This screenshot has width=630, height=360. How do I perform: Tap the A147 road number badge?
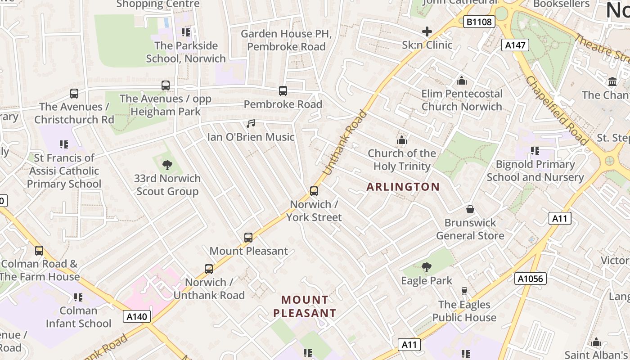pos(515,45)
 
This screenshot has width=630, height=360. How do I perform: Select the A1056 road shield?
pos(531,279)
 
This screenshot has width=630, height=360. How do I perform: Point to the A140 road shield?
pos(137,316)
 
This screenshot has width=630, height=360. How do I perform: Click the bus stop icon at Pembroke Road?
pos(283,91)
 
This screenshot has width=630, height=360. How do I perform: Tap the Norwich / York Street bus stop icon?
pos(314,191)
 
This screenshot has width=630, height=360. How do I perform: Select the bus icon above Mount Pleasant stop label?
pos(248,238)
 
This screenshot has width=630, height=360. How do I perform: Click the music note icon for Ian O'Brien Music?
pos(251,124)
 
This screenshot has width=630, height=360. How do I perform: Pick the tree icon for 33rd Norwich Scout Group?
pos(167,165)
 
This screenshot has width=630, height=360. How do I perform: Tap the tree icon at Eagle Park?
pos(426,268)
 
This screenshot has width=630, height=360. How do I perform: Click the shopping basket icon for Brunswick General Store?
pos(470,209)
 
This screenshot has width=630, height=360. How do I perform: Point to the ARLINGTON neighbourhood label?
pos(403,187)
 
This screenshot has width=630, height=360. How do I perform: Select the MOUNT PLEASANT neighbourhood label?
pos(305,306)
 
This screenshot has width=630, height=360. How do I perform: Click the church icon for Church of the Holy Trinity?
pos(401,140)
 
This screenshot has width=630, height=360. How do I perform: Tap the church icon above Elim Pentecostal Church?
pos(462,81)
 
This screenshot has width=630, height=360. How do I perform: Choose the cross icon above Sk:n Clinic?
pos(427,31)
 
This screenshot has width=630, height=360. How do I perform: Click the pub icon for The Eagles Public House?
pos(464,291)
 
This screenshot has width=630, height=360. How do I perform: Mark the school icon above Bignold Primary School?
pos(535,151)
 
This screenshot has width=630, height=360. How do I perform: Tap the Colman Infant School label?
pos(78,317)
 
